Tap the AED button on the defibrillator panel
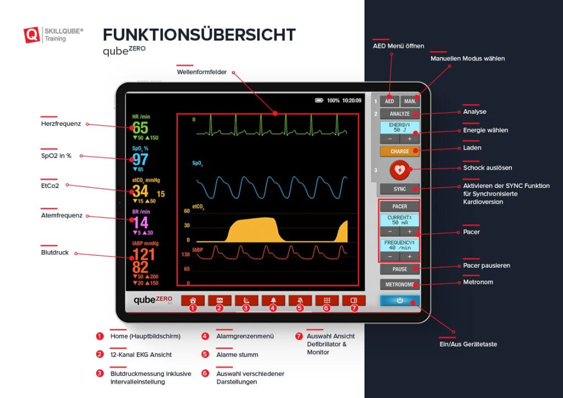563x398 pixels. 389,101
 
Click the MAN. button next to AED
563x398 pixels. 410,101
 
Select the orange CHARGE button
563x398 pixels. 400,151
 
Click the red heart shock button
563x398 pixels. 399,170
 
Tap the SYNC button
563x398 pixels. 400,189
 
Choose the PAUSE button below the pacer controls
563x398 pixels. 400,269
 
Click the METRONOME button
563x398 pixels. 400,284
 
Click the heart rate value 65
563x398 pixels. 140,128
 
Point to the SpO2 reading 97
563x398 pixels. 140,159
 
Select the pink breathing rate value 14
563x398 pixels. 141,223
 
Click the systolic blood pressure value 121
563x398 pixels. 143,254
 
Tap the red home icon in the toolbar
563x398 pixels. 192,301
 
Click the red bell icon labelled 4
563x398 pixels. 273,301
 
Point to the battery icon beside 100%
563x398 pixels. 319,101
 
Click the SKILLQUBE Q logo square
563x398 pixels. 32,35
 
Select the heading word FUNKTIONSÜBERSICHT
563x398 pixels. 199,35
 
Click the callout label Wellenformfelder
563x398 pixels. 202,72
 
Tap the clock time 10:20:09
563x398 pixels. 352,101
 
